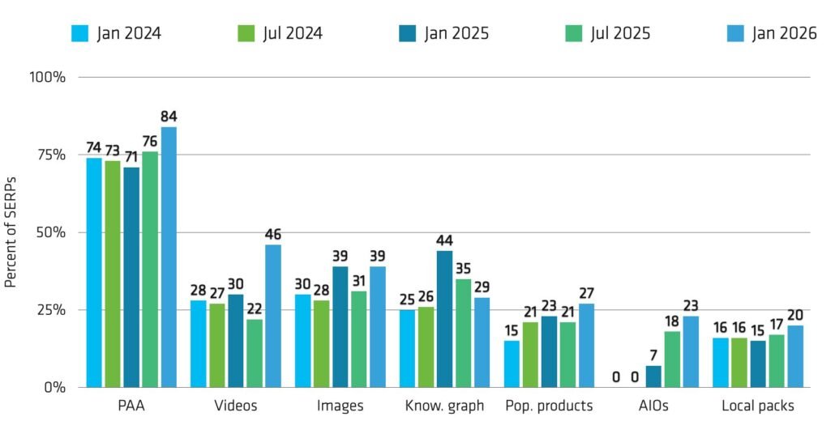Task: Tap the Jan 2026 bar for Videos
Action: pyautogui.click(x=273, y=316)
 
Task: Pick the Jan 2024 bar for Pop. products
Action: pyautogui.click(x=512, y=364)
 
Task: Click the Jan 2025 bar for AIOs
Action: pyautogui.click(x=653, y=376)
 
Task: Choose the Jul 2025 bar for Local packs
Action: pyautogui.click(x=777, y=361)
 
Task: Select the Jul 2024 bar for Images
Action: pyautogui.click(x=322, y=343)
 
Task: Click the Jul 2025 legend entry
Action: pyautogui.click(x=606, y=33)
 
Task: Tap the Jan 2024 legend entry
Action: pyautogui.click(x=117, y=33)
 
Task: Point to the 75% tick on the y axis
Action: pyautogui.click(x=51, y=155)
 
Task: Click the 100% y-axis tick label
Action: pyautogui.click(x=48, y=77)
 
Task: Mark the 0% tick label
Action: pyautogui.click(x=54, y=388)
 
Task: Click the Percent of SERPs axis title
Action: pyautogui.click(x=11, y=232)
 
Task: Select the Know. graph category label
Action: pyautogui.click(x=443, y=406)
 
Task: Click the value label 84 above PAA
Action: pyautogui.click(x=169, y=116)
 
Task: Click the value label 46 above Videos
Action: pyautogui.click(x=273, y=234)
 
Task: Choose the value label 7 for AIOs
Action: pyautogui.click(x=653, y=355)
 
